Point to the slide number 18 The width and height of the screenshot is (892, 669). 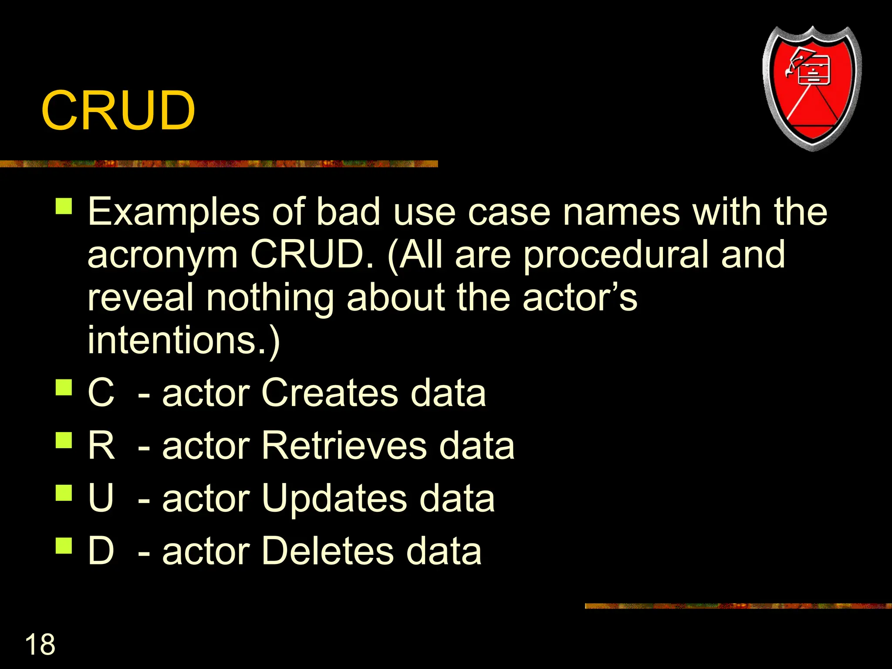(x=40, y=645)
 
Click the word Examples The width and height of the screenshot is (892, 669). (x=174, y=213)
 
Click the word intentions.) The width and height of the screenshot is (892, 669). (x=183, y=341)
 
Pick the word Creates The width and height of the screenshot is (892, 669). (x=330, y=393)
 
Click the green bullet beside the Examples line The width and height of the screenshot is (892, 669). (x=64, y=206)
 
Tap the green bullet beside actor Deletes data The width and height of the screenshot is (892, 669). (x=64, y=545)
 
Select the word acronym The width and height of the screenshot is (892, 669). (x=162, y=256)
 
